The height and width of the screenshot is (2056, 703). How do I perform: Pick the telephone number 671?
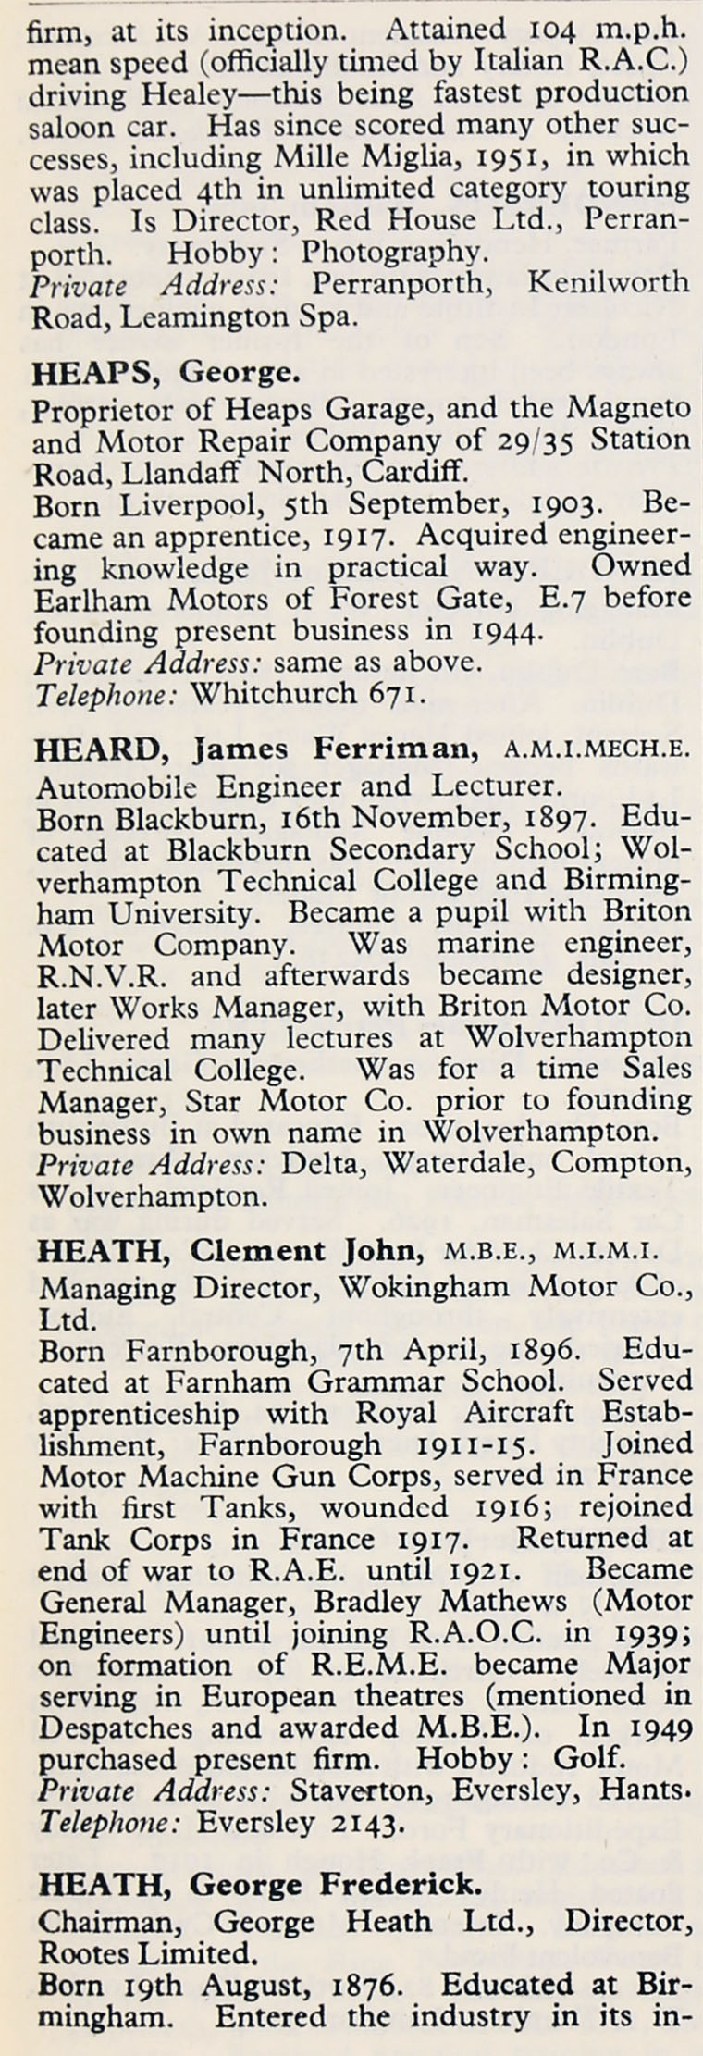click(396, 693)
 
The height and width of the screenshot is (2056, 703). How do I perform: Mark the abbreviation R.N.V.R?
click(83, 974)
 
